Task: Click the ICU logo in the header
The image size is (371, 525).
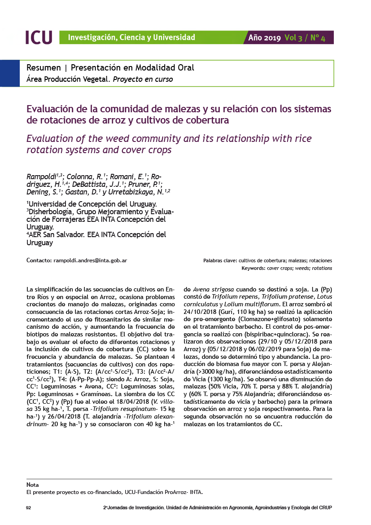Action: tap(39, 37)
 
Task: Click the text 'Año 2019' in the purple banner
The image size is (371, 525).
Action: tap(265, 38)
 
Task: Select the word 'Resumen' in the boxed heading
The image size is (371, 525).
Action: tap(44, 68)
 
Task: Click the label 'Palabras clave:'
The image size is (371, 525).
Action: tap(220, 260)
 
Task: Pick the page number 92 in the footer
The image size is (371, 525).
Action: tap(29, 507)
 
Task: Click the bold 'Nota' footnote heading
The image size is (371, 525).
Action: tap(32, 485)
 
